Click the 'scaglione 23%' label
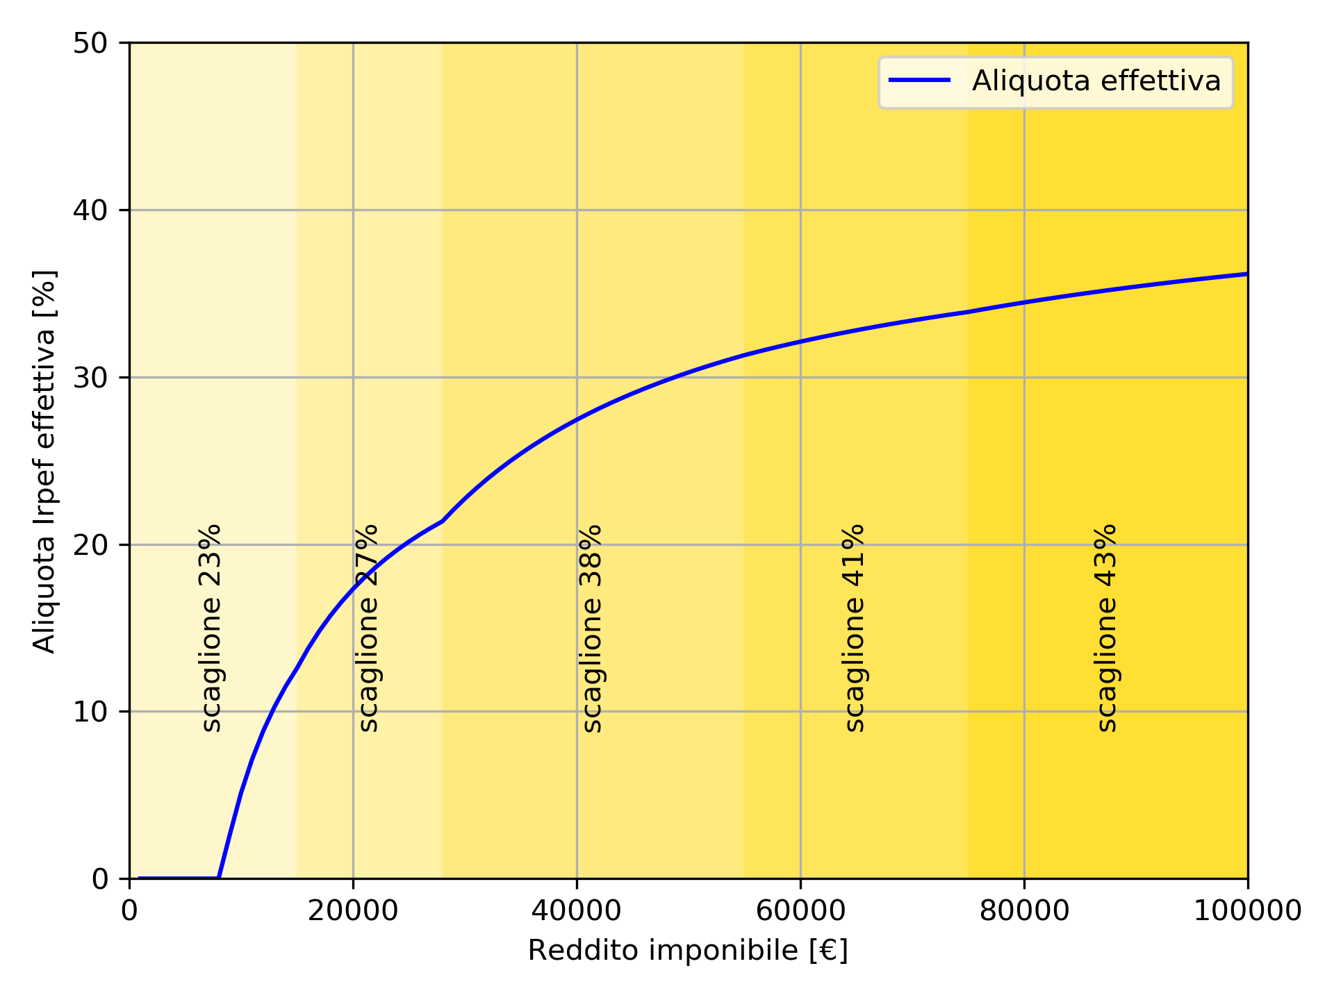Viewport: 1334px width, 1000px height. click(x=212, y=628)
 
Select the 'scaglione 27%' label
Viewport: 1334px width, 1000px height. click(x=369, y=628)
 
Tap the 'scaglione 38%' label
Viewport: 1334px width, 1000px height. click(x=592, y=628)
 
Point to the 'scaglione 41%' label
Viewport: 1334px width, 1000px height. click(x=855, y=628)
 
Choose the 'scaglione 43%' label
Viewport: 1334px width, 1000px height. click(x=1107, y=628)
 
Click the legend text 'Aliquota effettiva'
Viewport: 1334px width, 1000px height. click(x=1096, y=81)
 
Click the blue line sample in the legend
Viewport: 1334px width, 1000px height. click(x=919, y=81)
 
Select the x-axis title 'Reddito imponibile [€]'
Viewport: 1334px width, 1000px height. click(x=688, y=951)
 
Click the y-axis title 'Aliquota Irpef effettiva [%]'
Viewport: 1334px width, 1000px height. click(x=45, y=461)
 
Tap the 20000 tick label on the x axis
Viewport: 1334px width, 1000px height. click(x=353, y=911)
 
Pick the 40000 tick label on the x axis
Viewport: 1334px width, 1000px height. click(x=577, y=911)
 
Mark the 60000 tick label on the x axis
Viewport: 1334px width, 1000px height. click(x=800, y=911)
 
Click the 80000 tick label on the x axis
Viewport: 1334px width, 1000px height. click(x=1024, y=911)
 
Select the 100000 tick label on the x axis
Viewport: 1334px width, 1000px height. click(x=1247, y=911)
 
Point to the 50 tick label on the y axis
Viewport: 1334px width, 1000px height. click(x=90, y=43)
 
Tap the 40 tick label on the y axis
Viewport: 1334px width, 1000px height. click(x=90, y=210)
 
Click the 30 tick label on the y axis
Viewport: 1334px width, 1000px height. click(x=90, y=378)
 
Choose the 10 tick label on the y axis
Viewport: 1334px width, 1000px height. click(x=90, y=712)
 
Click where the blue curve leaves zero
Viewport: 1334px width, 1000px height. click(x=219, y=878)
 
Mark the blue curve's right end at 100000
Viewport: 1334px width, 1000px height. click(x=1247, y=274)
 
